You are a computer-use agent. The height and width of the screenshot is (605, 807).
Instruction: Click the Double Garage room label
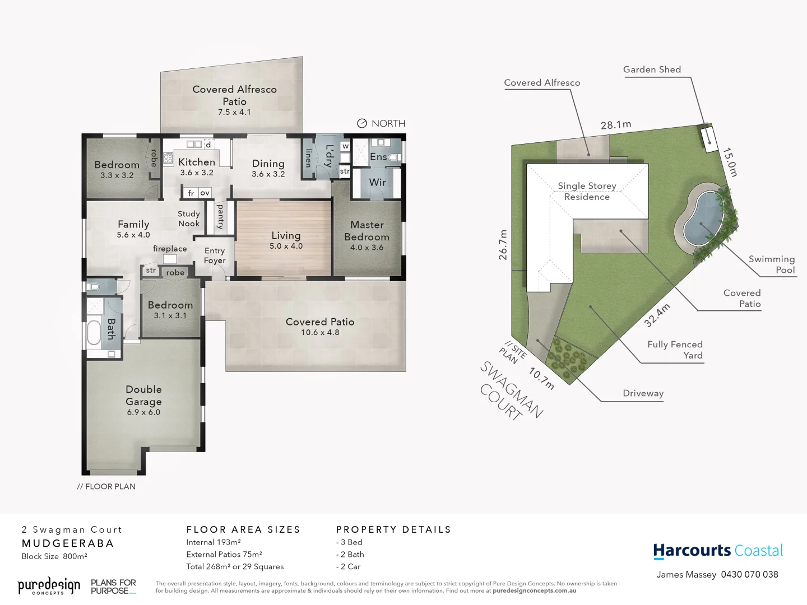click(x=143, y=395)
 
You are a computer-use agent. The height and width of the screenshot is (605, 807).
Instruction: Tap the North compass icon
click(x=362, y=123)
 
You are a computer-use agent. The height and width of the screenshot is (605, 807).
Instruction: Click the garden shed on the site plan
click(x=708, y=136)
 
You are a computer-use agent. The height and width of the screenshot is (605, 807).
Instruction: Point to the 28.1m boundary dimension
click(x=615, y=124)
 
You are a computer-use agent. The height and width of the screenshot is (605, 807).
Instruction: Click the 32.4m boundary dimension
click(x=656, y=315)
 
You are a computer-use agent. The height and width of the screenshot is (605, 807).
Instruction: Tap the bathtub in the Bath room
click(x=94, y=332)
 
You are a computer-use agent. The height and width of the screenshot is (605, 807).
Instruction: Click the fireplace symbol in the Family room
click(x=170, y=259)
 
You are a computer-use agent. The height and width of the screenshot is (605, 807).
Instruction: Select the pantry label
click(x=220, y=216)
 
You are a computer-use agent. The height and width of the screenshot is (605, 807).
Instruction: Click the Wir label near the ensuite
click(x=377, y=182)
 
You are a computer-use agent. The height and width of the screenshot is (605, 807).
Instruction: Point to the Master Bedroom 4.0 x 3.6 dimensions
click(x=367, y=247)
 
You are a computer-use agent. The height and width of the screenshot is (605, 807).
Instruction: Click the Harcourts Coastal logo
click(x=717, y=551)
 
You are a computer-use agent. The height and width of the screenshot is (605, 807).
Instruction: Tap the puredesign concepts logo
click(x=49, y=586)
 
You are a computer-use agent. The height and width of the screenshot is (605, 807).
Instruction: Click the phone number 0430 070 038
click(x=749, y=574)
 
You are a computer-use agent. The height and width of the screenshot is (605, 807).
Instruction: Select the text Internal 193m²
click(x=214, y=542)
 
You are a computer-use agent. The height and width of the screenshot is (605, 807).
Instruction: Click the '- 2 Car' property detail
click(x=349, y=566)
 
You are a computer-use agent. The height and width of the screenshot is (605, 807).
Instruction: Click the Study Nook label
click(x=188, y=218)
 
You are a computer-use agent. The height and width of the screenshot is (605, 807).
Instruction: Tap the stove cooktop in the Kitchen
click(x=168, y=158)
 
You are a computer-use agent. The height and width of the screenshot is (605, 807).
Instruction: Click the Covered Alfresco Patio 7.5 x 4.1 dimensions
click(x=234, y=112)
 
